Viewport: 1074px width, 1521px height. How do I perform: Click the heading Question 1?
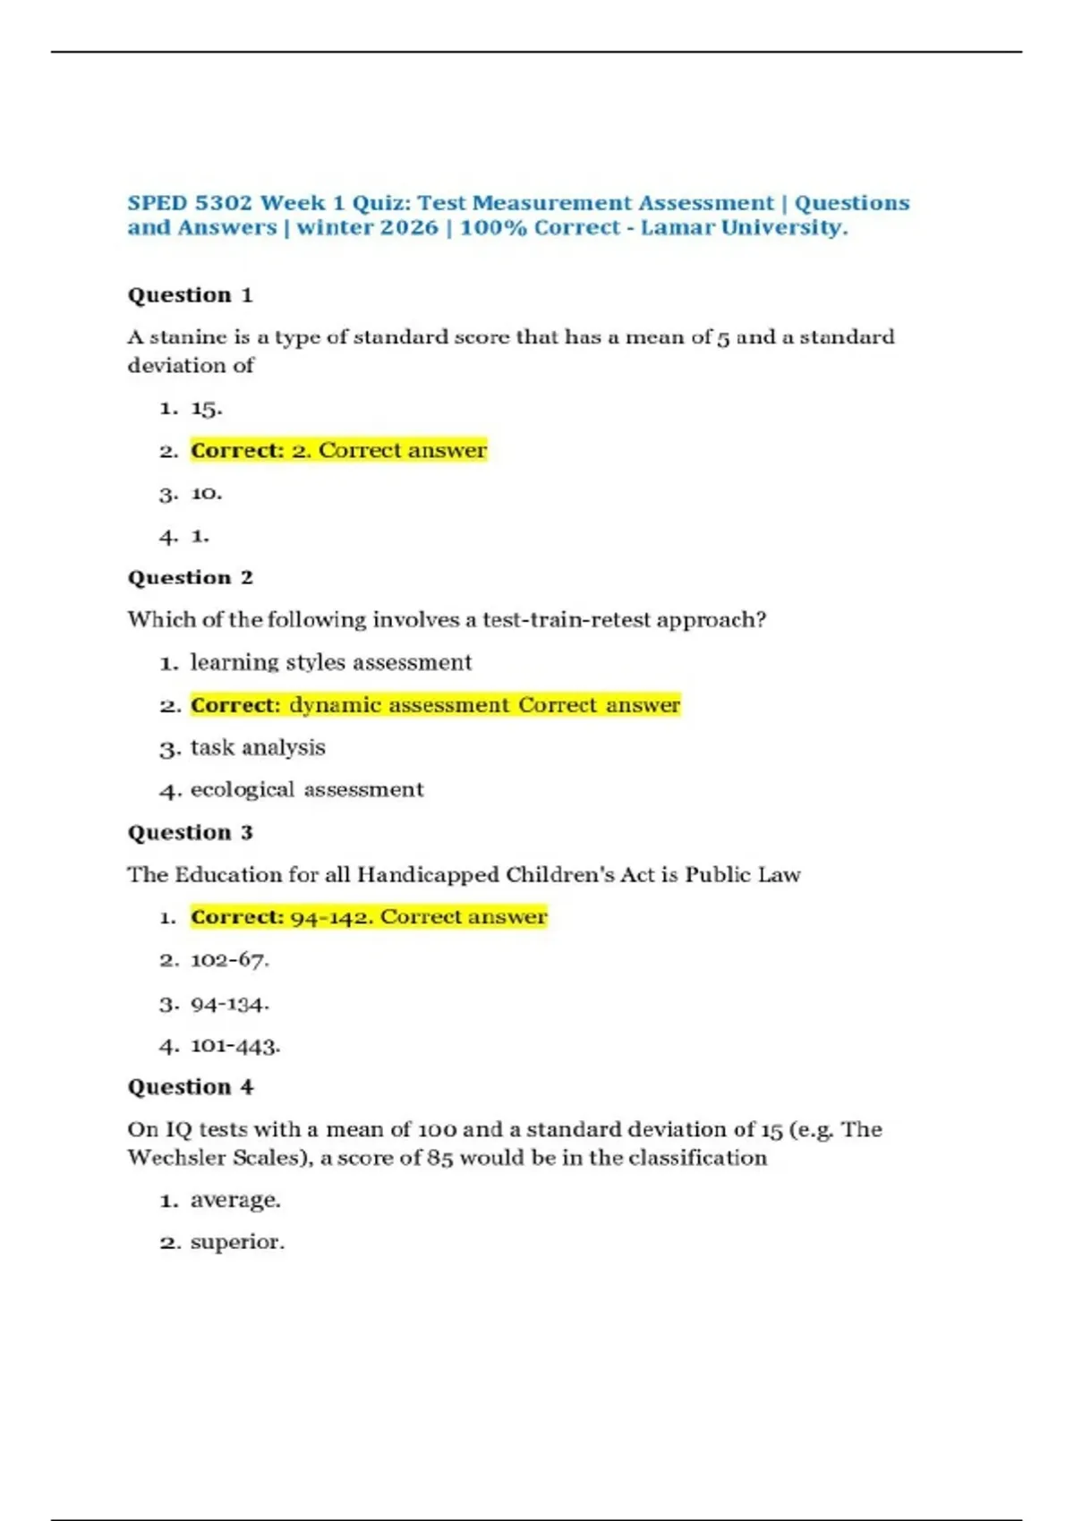(x=190, y=295)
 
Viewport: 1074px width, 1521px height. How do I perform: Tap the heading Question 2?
(x=190, y=578)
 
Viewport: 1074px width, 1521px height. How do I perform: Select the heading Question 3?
(x=190, y=833)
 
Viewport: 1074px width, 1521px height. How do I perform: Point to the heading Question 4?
(x=190, y=1087)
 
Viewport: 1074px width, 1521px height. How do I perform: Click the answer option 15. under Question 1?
(x=206, y=409)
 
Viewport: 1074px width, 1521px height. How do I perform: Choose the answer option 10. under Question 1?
(x=206, y=494)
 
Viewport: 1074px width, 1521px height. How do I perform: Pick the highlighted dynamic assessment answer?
(x=435, y=705)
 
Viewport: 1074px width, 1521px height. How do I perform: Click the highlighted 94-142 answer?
(x=368, y=917)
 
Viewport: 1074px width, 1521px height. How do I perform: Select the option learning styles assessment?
(x=330, y=663)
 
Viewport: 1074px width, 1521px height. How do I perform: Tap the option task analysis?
(x=258, y=748)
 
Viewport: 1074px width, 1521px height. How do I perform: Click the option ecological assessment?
(x=306, y=790)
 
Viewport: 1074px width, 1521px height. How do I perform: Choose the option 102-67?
(x=229, y=960)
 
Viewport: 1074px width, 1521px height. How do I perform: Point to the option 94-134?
(x=229, y=1004)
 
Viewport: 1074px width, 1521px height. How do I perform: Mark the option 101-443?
(x=234, y=1045)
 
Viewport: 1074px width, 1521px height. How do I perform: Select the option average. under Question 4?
(x=234, y=1200)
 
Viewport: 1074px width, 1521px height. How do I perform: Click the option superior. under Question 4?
(x=237, y=1242)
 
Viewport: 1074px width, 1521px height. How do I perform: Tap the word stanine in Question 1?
(x=187, y=337)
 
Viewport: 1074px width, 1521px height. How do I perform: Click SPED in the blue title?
(x=157, y=203)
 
